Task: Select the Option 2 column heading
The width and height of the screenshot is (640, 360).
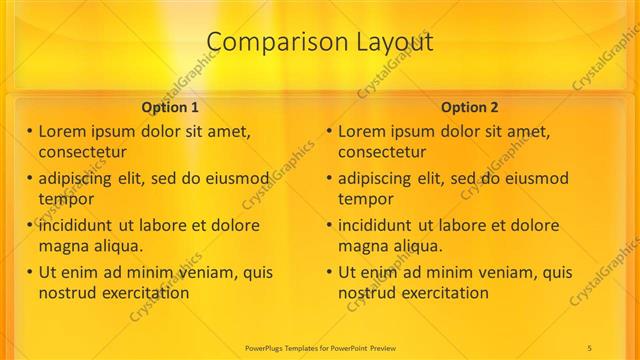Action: pos(470,107)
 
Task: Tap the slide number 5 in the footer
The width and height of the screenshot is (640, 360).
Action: pos(589,346)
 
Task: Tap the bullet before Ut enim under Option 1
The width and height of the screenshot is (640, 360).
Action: pos(30,272)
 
